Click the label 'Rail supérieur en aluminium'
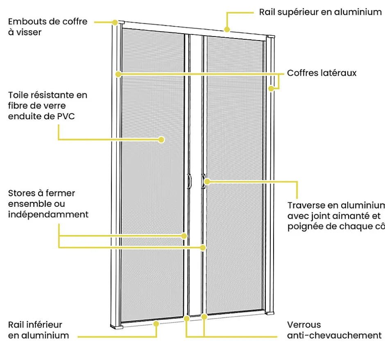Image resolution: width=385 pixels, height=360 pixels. [x=320, y=12]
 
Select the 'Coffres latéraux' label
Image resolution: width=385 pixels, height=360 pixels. [x=322, y=73]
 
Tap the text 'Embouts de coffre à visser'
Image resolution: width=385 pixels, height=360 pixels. [x=48, y=27]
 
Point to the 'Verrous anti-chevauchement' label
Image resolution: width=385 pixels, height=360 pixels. [x=334, y=330]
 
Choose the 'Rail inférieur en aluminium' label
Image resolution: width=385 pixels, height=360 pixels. [x=38, y=330]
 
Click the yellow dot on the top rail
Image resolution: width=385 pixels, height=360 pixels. [x=226, y=29]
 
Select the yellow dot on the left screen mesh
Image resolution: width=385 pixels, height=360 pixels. [x=161, y=140]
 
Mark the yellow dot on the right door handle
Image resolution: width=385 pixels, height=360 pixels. [x=207, y=181]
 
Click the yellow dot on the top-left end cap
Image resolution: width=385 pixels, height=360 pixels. [x=116, y=21]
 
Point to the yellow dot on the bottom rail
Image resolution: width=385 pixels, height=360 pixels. [x=156, y=324]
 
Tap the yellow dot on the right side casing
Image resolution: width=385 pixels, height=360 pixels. [x=271, y=88]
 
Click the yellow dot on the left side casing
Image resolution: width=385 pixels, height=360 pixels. [x=118, y=74]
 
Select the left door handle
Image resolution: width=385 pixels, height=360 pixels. [x=189, y=181]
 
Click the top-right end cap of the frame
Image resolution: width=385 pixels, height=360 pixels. [x=270, y=39]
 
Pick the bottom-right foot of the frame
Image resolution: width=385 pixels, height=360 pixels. [x=269, y=313]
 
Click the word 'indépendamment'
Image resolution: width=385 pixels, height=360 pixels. [x=48, y=215]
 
